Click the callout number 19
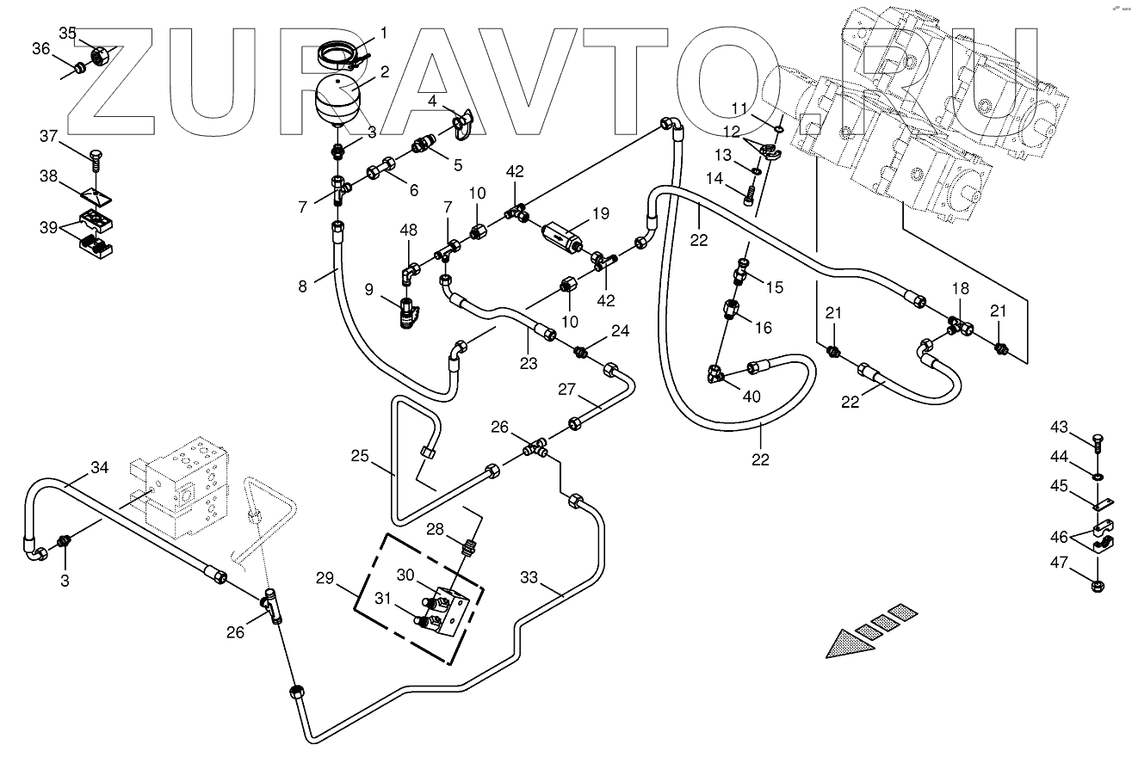coord(599,212)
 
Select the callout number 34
coord(100,468)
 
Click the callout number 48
coord(409,230)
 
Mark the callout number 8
coord(302,286)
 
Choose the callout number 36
coord(40,48)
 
